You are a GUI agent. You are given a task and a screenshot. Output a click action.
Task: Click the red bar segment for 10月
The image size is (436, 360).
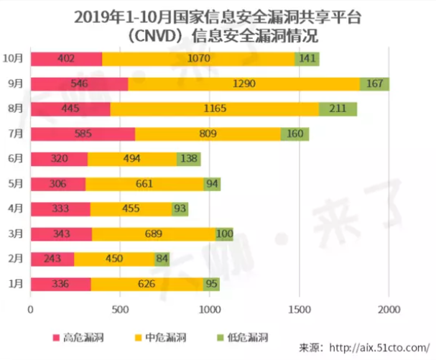point(66,59)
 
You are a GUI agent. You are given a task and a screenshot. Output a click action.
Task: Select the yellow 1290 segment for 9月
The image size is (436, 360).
point(244,84)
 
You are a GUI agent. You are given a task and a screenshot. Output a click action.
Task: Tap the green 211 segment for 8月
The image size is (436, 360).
point(338,109)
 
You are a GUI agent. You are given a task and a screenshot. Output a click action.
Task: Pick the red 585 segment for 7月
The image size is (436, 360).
point(83,134)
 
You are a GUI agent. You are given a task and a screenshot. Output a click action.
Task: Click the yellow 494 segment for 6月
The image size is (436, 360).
point(132,159)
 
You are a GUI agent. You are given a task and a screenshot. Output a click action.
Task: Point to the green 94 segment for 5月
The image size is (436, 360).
point(212,184)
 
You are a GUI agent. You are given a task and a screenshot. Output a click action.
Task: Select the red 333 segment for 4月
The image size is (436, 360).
point(60,209)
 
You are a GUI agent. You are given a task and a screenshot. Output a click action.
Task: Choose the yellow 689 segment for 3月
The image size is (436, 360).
point(154,234)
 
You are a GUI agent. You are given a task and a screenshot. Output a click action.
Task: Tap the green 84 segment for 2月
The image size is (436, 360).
point(162,259)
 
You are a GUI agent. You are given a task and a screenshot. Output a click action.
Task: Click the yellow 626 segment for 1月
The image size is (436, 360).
point(147,284)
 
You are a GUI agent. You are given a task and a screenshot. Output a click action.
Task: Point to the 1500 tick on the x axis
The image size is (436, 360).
point(299,310)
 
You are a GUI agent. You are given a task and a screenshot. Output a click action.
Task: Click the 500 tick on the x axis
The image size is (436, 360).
point(120,310)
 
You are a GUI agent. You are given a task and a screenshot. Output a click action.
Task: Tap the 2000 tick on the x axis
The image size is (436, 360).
point(389,310)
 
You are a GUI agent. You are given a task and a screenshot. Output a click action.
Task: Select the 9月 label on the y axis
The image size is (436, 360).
point(16,84)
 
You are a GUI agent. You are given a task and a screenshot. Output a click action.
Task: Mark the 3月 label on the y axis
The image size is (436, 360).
point(16,234)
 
